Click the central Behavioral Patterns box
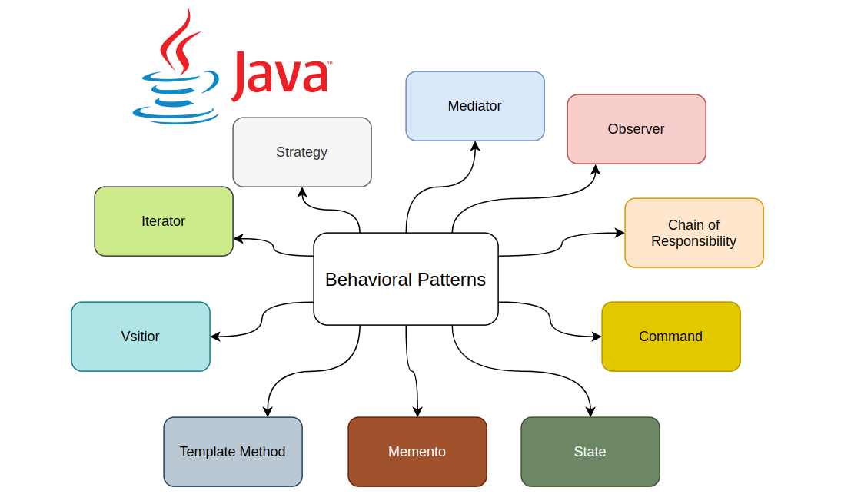pos(405,279)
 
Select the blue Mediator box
pos(474,106)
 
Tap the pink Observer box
pos(636,129)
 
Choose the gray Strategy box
pos(301,152)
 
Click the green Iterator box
pos(163,221)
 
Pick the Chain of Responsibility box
pos(693,233)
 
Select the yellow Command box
pos(670,337)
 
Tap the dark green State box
pos(590,452)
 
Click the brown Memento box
pos(417,452)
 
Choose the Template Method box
pos(232,452)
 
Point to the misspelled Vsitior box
pos(140,337)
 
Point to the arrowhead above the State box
pos(590,411)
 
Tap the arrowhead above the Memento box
pos(417,411)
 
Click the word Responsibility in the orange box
pos(693,241)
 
